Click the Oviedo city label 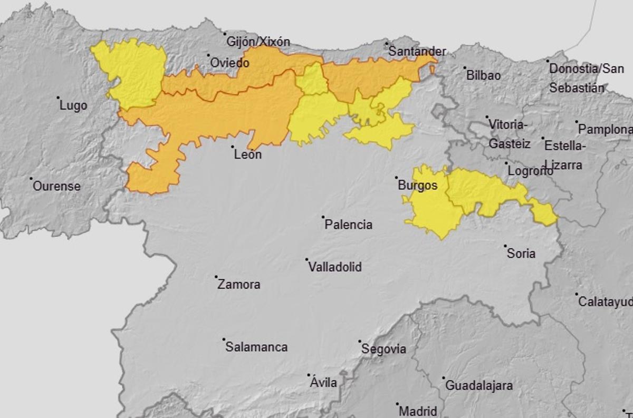[229, 63]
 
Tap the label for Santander [417, 52]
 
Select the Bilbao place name [483, 75]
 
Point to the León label [247, 155]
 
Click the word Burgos [418, 186]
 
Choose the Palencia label [348, 225]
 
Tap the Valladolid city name [334, 267]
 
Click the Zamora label [239, 285]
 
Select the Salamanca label [256, 347]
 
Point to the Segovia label [383, 349]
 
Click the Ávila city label [324, 383]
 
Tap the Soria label [521, 254]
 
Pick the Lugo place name [73, 105]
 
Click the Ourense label [56, 186]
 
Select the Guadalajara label [479, 386]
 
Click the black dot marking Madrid [397, 405]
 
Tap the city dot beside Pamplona [577, 122]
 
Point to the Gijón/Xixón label [258, 42]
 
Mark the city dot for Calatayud [577, 295]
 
